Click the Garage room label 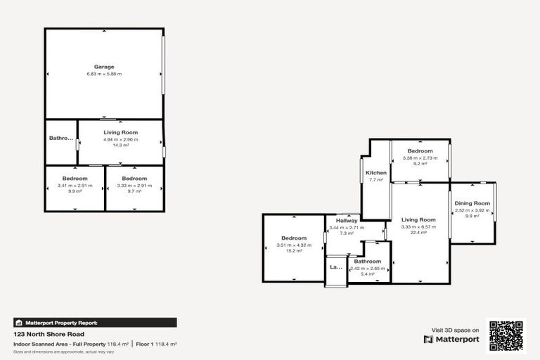pos(104,67)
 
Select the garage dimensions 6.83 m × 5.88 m pos(104,74)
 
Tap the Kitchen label pos(376,172)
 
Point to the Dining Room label pos(472,203)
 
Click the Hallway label pos(346,220)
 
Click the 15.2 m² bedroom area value pos(294,250)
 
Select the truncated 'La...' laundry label pos(335,267)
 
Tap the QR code pos(507,336)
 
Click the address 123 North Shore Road pos(49,335)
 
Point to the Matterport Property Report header pos(62,323)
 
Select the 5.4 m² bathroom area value pos(368,274)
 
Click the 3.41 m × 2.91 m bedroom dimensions pos(75,186)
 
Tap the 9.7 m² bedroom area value pos(134,191)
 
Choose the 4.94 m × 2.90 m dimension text pos(121,139)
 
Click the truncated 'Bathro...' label pos(61,139)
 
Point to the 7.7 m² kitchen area pos(376,180)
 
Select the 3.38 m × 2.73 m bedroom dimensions pos(420,157)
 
